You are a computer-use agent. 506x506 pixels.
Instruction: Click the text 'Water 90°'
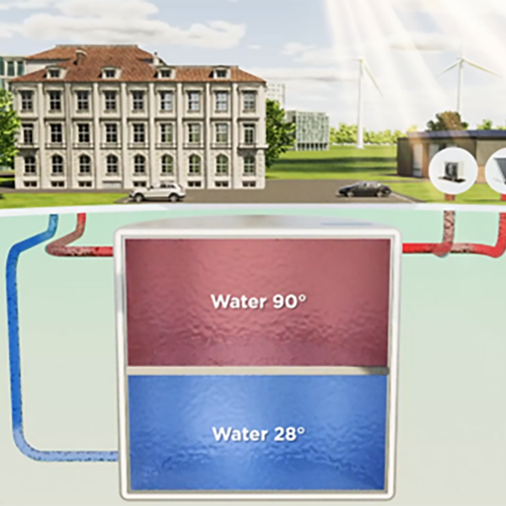click(x=257, y=301)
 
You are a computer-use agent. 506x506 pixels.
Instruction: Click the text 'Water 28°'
click(x=257, y=434)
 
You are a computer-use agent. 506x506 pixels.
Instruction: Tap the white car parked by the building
click(x=158, y=192)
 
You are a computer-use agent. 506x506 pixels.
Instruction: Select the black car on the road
click(x=364, y=189)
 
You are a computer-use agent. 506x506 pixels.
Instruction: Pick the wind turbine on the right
click(x=460, y=84)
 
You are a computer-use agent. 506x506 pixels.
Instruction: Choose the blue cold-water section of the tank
click(x=257, y=464)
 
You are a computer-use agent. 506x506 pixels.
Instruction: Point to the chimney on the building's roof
click(x=80, y=57)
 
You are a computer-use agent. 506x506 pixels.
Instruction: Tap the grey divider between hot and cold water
click(x=257, y=370)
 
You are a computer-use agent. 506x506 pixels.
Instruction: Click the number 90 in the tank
click(x=283, y=301)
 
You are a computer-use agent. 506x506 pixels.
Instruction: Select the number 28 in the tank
click(x=283, y=434)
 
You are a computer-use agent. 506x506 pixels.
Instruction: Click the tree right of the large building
click(x=278, y=131)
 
